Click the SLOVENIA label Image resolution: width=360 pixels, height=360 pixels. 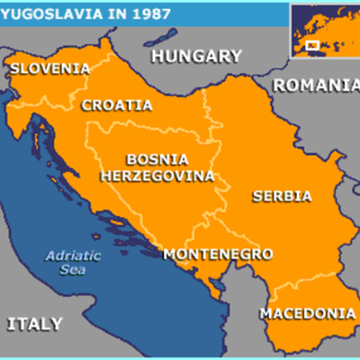(x=50, y=68)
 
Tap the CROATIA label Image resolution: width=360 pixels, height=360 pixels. (x=117, y=104)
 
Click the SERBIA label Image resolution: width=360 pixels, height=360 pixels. (x=282, y=195)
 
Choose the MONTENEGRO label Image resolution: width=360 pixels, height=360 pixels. (x=217, y=255)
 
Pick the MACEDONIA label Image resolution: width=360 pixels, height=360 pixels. (x=307, y=313)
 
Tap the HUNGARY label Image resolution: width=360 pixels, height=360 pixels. (x=195, y=57)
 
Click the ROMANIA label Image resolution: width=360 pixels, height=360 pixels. (x=315, y=85)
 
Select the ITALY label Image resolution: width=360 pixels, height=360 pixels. (x=35, y=323)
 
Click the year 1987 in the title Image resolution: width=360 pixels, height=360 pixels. (x=139, y=13)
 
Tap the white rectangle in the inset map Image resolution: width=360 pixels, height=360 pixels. (x=312, y=44)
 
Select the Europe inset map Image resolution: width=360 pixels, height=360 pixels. (x=323, y=31)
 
